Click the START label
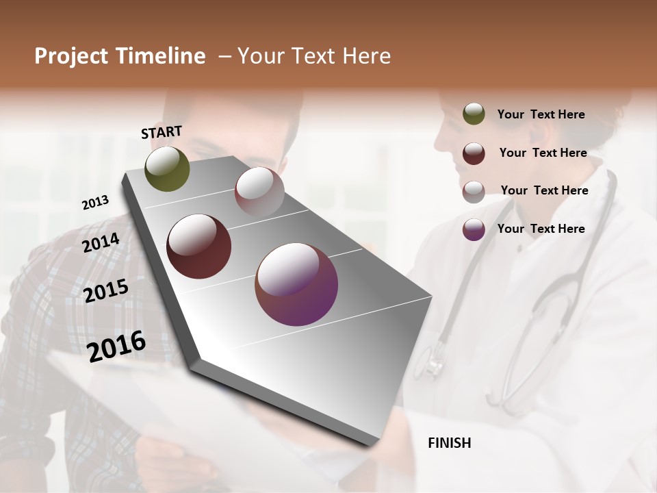tap(162, 132)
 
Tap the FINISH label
tap(450, 443)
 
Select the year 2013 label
tap(95, 203)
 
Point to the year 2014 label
tap(101, 243)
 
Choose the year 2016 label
tap(116, 346)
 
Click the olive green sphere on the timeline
tap(167, 168)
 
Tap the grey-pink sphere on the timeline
tap(259, 192)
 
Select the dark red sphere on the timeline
tap(199, 246)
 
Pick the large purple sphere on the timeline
tap(296, 284)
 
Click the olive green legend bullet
tap(474, 114)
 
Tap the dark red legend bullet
tap(474, 153)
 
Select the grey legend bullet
tap(474, 192)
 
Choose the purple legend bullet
tap(474, 230)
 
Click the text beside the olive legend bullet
tap(541, 114)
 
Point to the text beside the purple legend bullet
tap(541, 229)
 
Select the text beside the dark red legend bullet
tap(543, 153)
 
